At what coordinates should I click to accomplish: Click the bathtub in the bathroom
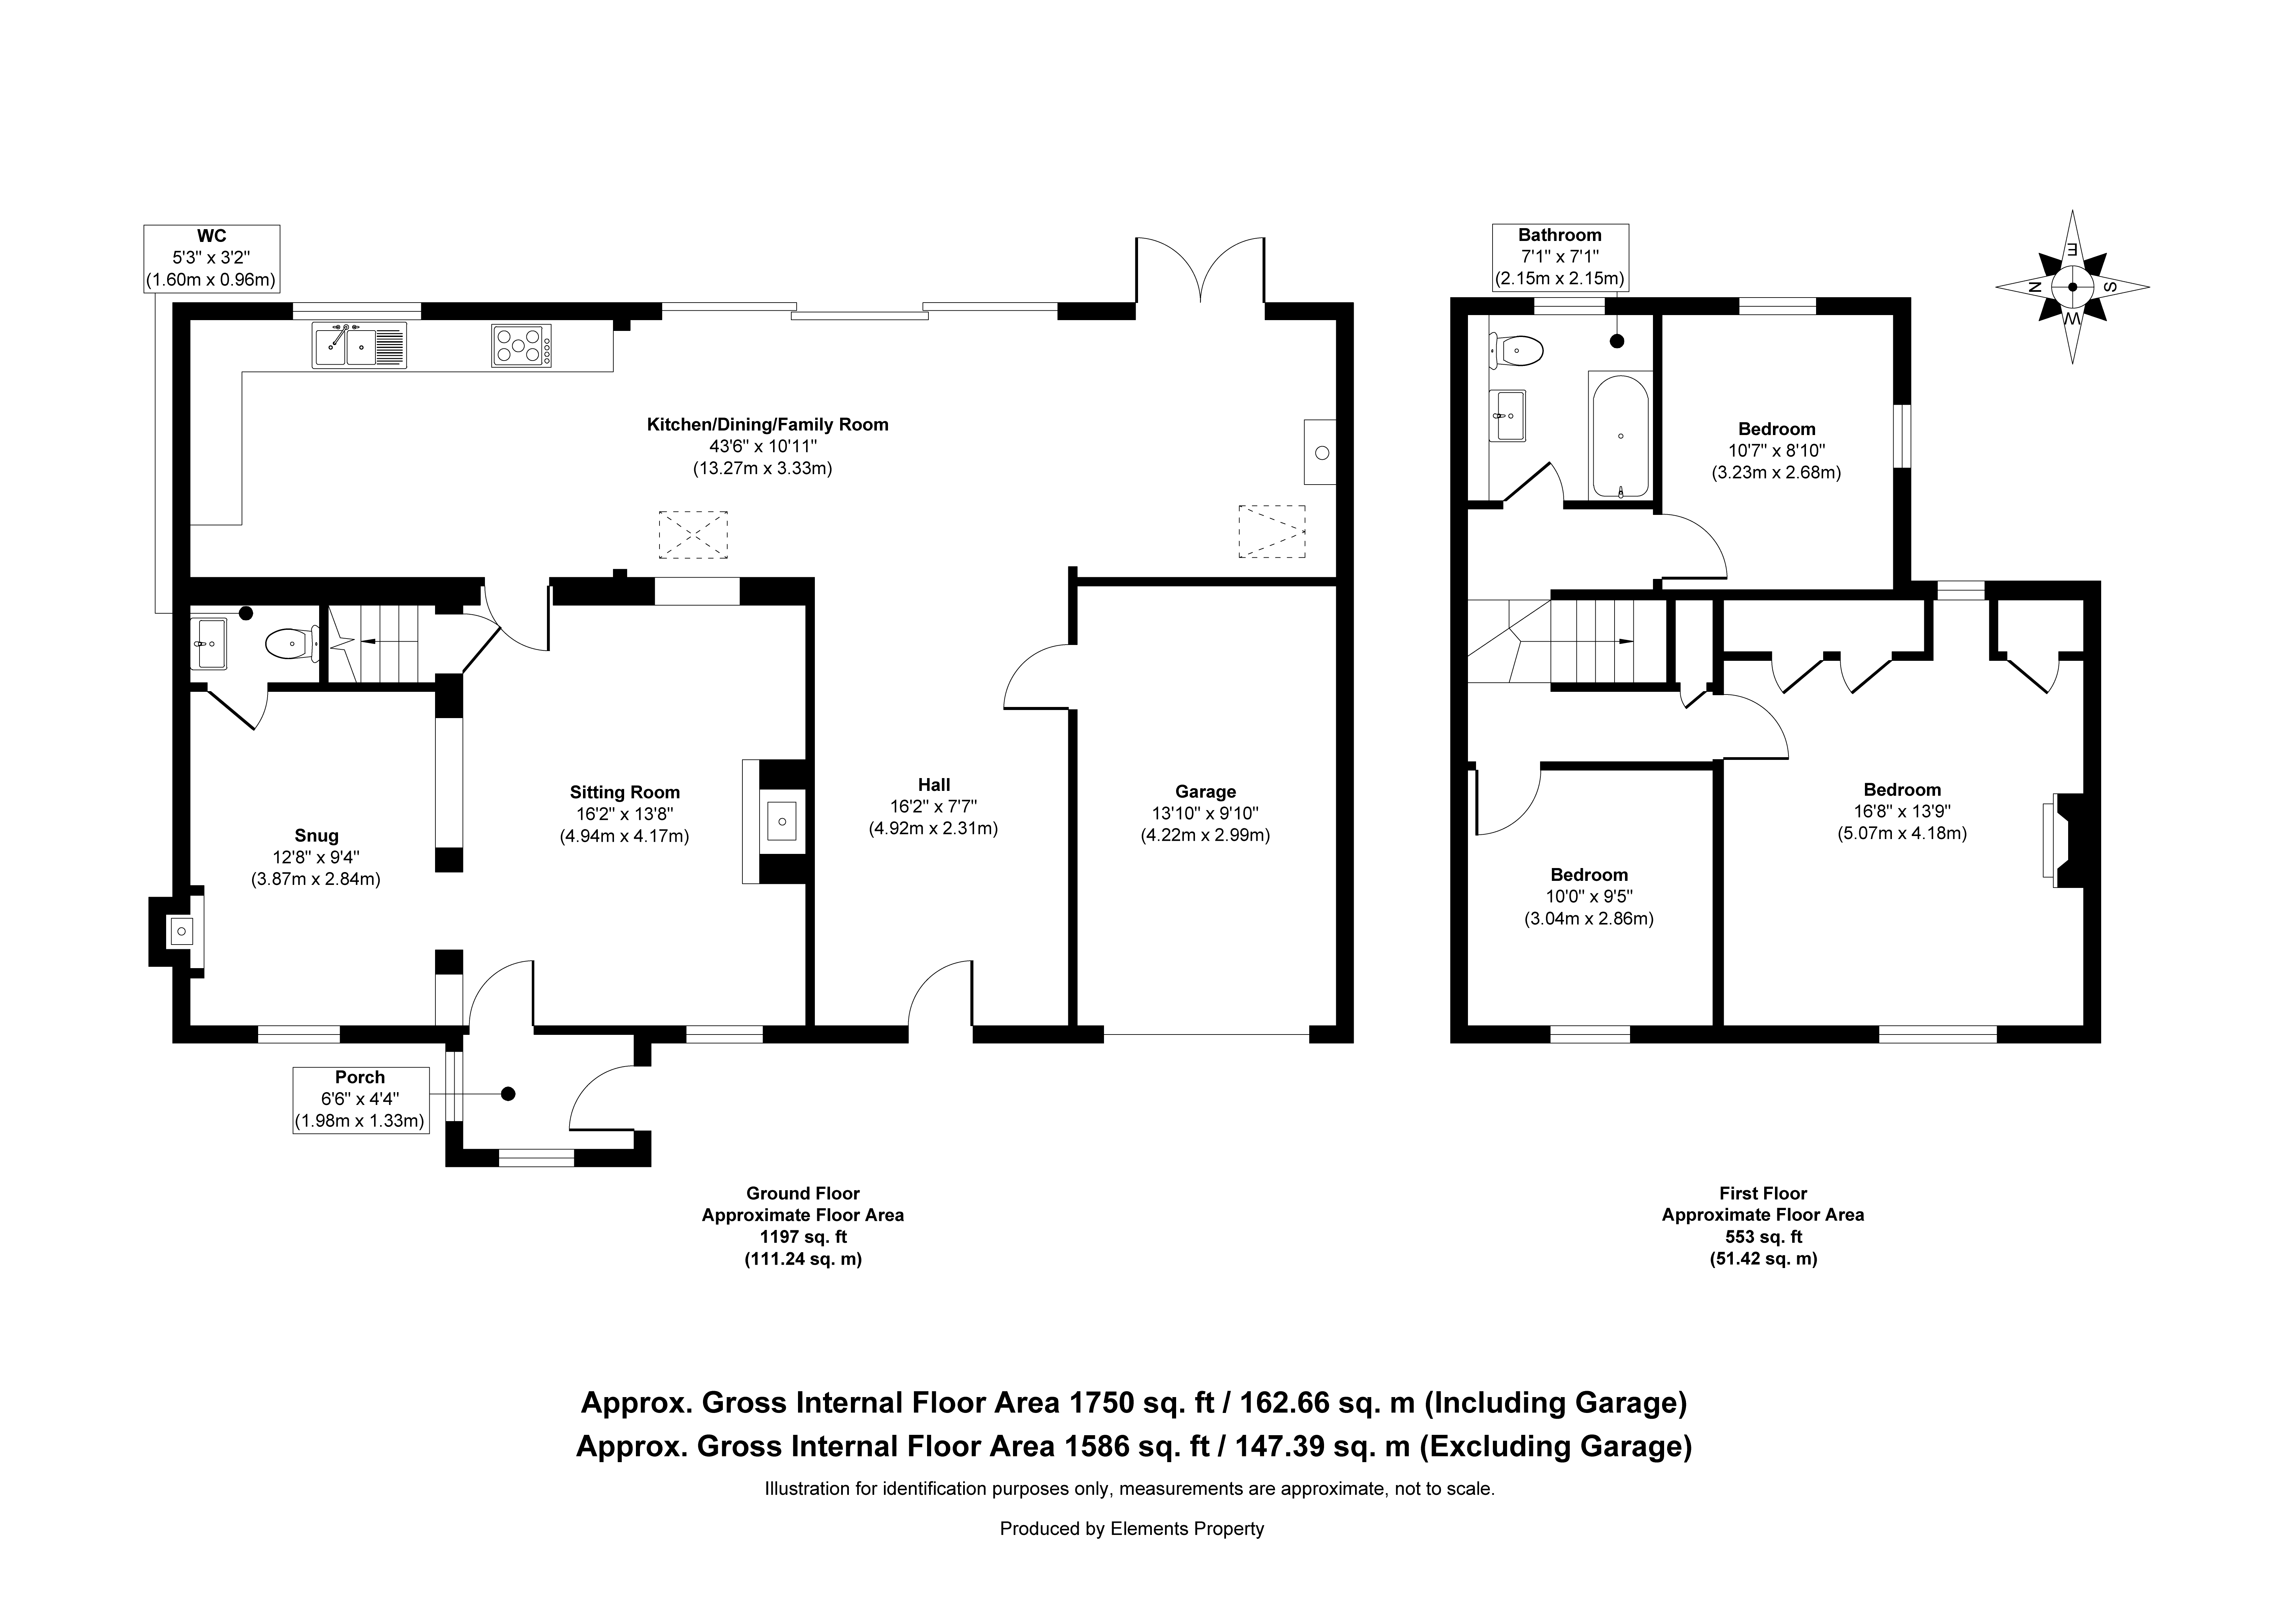tap(1620, 435)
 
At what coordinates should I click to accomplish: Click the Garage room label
tap(1205, 791)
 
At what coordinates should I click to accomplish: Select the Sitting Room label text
tap(625, 792)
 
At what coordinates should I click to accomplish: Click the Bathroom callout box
tap(1560, 257)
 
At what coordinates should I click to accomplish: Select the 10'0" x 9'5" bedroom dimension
tap(1589, 897)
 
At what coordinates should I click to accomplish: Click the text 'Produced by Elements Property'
tap(1132, 1529)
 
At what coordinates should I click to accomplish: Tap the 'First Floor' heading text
tap(1763, 1194)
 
